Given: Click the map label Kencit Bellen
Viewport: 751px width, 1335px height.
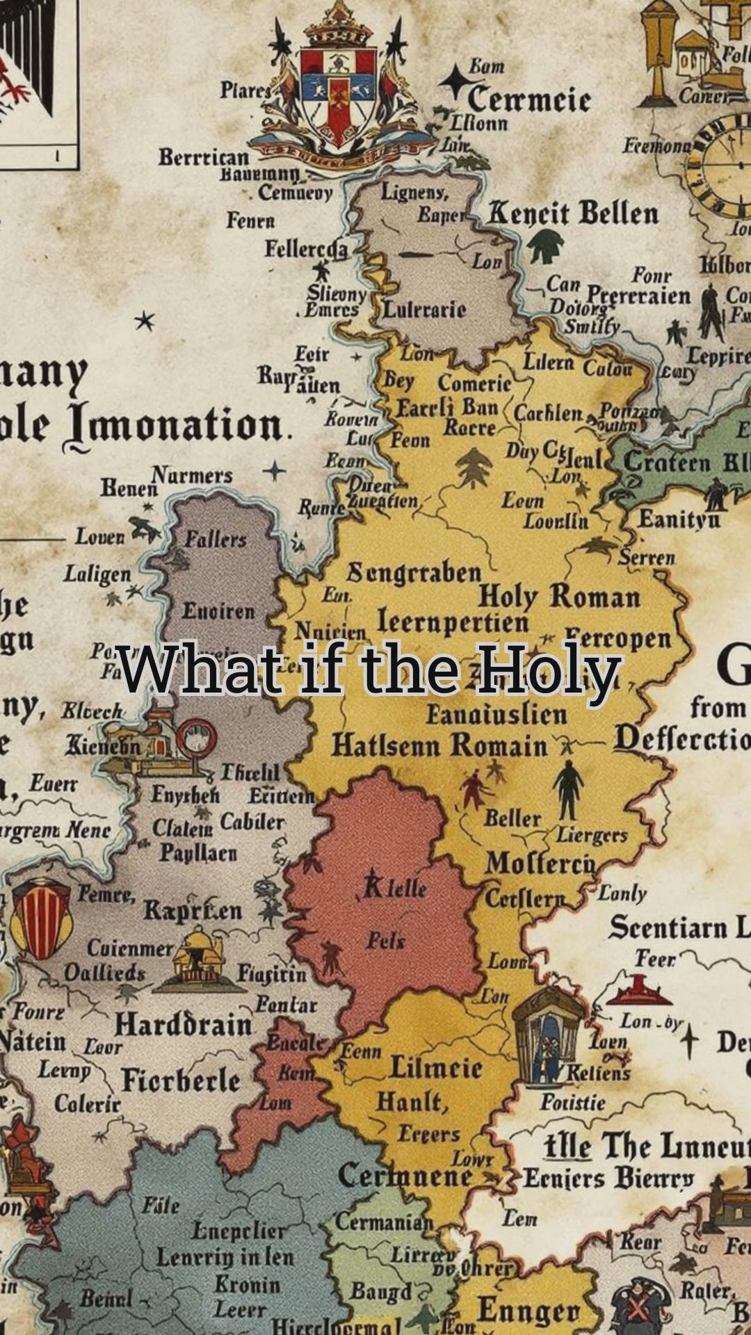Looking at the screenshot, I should (572, 213).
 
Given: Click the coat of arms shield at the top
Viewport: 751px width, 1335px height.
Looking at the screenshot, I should (339, 90).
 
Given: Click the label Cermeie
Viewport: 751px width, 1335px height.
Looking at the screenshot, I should (528, 99).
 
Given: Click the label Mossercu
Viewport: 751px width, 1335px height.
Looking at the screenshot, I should (540, 864).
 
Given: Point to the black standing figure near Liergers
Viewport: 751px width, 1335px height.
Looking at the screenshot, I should (568, 789).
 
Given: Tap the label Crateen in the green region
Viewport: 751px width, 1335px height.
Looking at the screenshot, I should (667, 462).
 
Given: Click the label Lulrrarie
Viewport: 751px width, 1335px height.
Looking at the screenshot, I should (425, 309).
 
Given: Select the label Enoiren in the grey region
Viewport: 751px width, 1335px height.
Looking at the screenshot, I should (218, 611).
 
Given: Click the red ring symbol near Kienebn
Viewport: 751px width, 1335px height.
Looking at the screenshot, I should (196, 738).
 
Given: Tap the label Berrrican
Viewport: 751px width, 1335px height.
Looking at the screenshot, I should (203, 157).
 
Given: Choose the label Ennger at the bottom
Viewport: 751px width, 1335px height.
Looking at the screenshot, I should (528, 1311).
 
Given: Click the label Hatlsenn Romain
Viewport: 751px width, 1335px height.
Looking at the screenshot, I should (439, 746).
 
